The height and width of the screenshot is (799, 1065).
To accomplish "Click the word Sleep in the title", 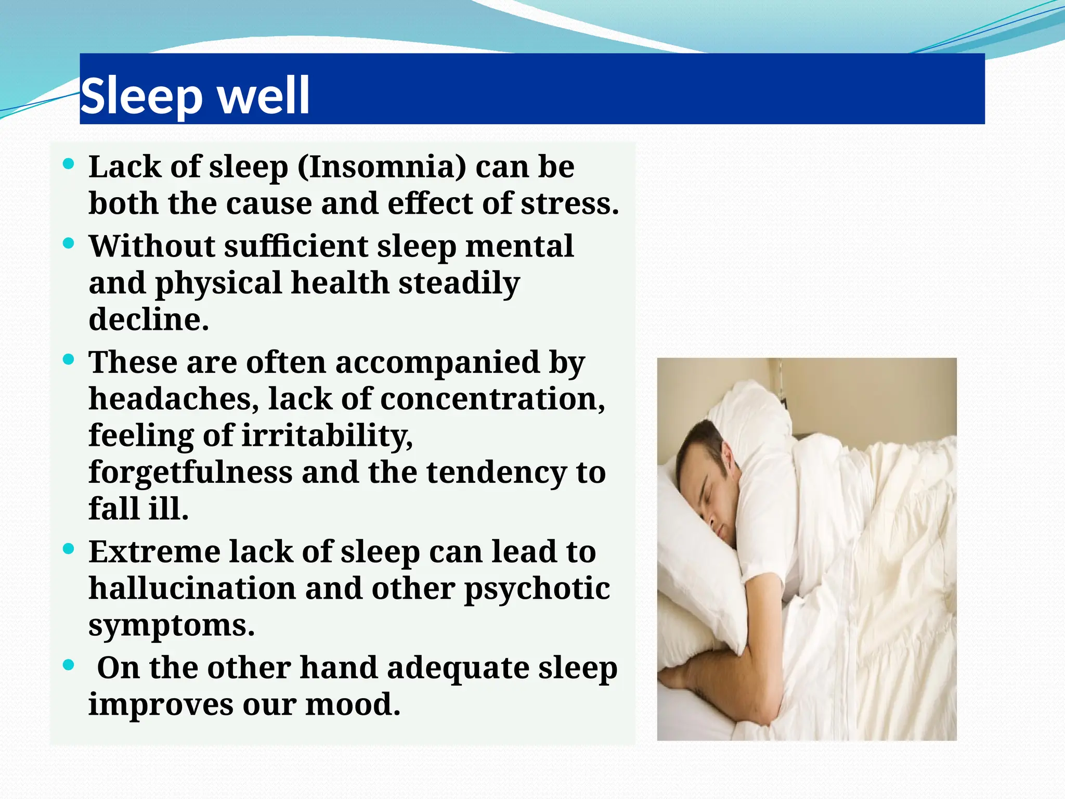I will point(141,96).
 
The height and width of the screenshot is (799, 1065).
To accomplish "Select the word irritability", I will point(327,435).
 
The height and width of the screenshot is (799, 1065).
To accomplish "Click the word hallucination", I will point(192,588).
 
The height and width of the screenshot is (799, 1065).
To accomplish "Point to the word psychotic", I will point(537,589).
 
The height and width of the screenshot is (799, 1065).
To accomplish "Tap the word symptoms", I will point(171,625).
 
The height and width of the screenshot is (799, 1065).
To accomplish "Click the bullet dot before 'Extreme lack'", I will point(68,549).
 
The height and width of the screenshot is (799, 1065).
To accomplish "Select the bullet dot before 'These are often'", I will point(68,359).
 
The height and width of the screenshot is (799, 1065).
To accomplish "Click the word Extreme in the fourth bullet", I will point(154,552).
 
